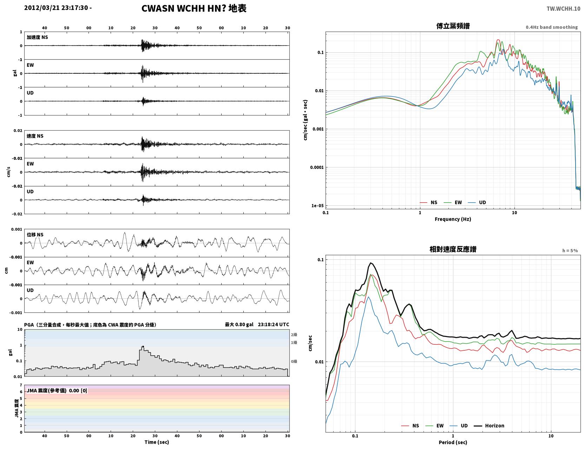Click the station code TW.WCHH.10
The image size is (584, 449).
pyautogui.click(x=563, y=8)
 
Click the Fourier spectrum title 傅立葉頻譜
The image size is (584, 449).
pyautogui.click(x=453, y=26)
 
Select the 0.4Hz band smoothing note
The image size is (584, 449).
pyautogui.click(x=551, y=27)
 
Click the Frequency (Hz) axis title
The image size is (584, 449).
pyautogui.click(x=453, y=219)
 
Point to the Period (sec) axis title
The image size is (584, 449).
pyautogui.click(x=453, y=442)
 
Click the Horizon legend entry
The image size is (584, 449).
pyautogui.click(x=489, y=425)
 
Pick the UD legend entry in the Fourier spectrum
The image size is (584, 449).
pyautogui.click(x=477, y=203)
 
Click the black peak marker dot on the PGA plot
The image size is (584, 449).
pyautogui.click(x=143, y=347)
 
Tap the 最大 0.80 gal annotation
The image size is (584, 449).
pyautogui.click(x=239, y=324)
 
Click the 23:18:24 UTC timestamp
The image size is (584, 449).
pyautogui.click(x=273, y=324)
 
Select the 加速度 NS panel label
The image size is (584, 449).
pyautogui.click(x=37, y=37)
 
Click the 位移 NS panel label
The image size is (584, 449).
pyautogui.click(x=35, y=235)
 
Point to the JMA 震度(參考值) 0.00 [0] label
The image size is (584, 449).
pyautogui.click(x=57, y=390)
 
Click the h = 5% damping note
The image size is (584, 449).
pyautogui.click(x=570, y=251)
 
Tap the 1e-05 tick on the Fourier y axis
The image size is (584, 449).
pyautogui.click(x=317, y=206)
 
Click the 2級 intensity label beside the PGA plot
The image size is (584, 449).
pyautogui.click(x=294, y=335)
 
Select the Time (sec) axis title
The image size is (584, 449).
pyautogui.click(x=157, y=442)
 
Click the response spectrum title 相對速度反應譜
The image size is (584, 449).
pyautogui.click(x=453, y=249)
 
